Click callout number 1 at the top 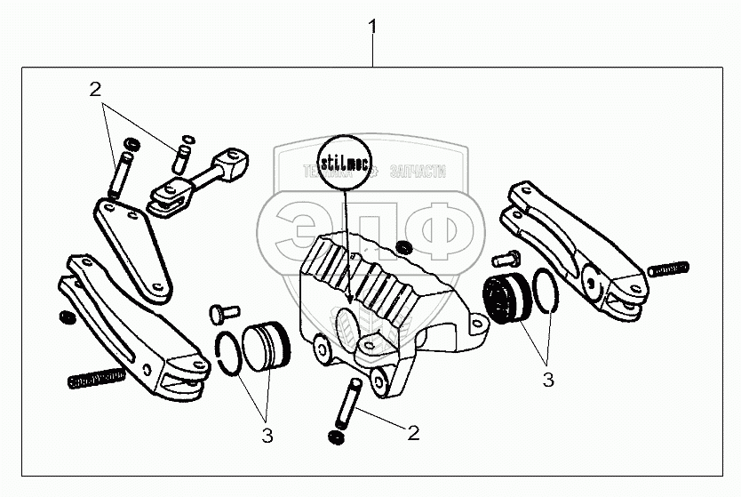pos(372,28)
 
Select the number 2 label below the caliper pos(412,433)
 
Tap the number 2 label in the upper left pos(95,89)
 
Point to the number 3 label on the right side pos(548,380)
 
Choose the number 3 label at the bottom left pos(267,436)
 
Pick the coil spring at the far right pos(669,268)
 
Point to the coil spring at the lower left pos(96,380)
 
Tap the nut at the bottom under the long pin pos(337,439)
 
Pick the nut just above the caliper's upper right pos(405,246)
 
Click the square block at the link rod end pos(232,163)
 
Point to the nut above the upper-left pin pos(130,143)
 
